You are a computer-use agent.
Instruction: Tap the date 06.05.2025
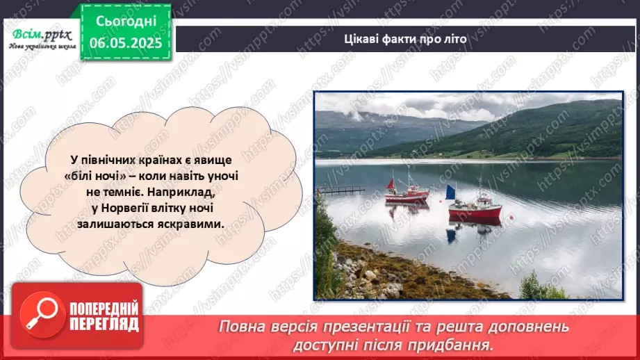(126, 42)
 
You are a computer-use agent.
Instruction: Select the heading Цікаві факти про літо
(405, 39)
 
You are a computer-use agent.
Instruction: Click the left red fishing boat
(407, 196)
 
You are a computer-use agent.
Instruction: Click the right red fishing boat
(475, 210)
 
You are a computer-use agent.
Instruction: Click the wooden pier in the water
(340, 190)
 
